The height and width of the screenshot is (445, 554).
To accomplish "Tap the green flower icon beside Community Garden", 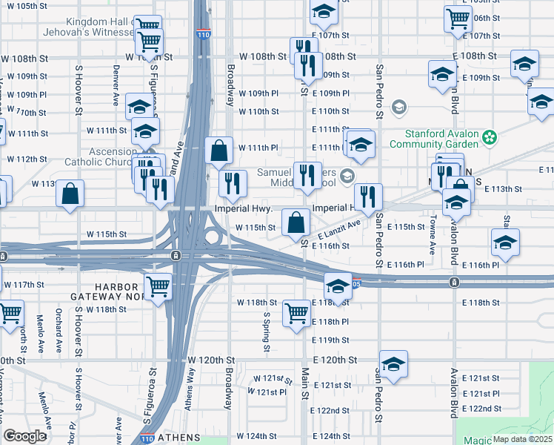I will pos(489,136).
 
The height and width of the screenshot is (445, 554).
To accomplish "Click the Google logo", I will pos(24,436).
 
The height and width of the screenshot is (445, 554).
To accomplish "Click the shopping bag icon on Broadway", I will pos(220,151).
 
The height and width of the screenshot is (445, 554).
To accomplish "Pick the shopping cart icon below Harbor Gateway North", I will pos(158,286).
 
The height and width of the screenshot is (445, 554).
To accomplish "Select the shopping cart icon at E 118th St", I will pos(296,312).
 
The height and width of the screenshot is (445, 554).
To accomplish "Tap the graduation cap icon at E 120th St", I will pos(394,363).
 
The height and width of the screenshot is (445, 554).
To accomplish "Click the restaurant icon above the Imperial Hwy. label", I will pos(233,182).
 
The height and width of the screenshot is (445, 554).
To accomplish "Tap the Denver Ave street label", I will pos(116,75).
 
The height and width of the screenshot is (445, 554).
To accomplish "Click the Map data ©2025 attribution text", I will pos(523,438).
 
